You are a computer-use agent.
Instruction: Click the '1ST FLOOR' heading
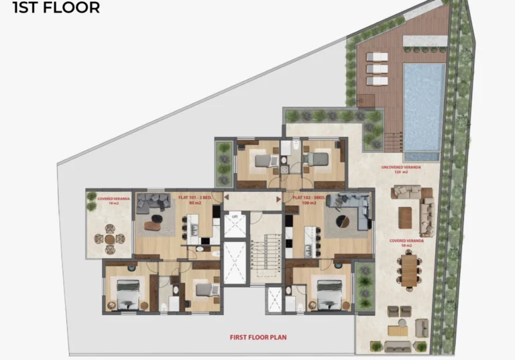point(56,8)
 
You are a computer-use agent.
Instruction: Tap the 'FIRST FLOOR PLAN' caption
point(258,337)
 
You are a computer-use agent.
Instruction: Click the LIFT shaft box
point(235,223)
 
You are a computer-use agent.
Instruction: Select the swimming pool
point(423,107)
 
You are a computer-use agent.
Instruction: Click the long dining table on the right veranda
point(408,269)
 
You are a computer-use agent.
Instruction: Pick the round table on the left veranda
point(109,239)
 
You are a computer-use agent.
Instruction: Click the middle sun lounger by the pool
point(378,68)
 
